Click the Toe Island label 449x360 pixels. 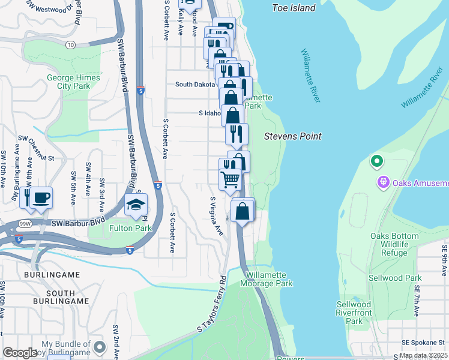294,8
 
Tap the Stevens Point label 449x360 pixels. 293,136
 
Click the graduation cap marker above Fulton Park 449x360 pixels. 136,205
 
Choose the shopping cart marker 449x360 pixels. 231,179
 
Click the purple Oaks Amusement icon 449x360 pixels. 383,181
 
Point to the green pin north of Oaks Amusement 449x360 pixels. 376,161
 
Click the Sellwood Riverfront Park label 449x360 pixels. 358,313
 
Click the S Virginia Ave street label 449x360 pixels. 217,215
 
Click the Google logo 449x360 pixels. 20,353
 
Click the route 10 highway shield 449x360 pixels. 71,45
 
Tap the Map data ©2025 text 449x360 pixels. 423,355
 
